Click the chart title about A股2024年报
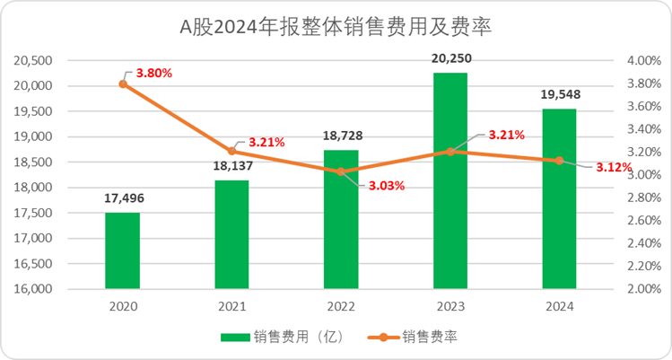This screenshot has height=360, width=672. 336,27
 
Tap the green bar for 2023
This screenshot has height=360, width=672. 450,180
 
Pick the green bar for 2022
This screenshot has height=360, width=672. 341,220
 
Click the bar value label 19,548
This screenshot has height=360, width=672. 560,93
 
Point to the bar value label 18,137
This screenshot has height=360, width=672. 231,165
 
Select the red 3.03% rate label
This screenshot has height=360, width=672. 387,186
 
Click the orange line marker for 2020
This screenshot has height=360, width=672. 123,83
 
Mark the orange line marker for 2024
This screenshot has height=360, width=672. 560,161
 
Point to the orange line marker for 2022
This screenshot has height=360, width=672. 341,171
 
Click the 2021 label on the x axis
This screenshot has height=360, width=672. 231,306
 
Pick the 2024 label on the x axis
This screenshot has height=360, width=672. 560,306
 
